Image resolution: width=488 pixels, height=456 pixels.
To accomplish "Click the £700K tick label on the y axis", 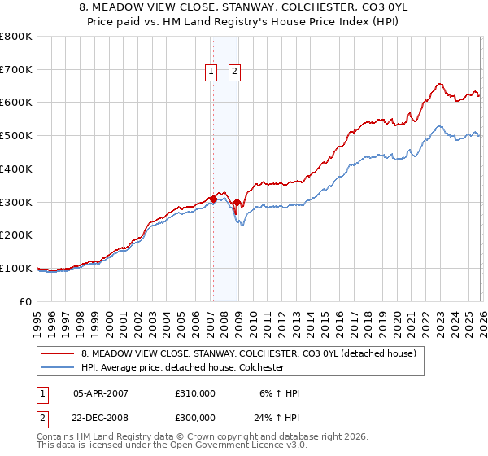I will click(x=16, y=69).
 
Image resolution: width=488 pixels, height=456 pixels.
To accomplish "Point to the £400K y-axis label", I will click(x=16, y=169).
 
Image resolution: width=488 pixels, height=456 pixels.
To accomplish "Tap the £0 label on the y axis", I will click(x=26, y=301).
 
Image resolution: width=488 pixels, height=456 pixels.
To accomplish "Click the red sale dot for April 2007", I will click(x=212, y=199).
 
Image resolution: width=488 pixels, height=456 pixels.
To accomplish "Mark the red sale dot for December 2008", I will click(x=237, y=202).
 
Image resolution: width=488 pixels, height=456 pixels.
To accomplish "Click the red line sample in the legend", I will click(x=59, y=354).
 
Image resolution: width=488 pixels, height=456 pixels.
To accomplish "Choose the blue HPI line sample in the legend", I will click(x=59, y=368).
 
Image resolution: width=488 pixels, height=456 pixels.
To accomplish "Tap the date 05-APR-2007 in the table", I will click(x=101, y=393).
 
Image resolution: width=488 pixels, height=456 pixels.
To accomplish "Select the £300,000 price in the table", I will click(x=195, y=417).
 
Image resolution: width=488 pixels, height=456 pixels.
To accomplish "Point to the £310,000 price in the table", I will click(x=195, y=393).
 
